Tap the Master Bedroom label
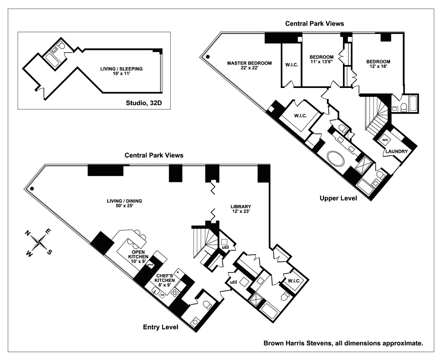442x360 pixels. (250, 65)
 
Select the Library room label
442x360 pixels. (241, 209)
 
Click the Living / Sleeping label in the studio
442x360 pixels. (122, 71)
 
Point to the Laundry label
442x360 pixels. (397, 151)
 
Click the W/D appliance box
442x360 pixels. (385, 140)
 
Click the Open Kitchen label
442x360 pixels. (138, 256)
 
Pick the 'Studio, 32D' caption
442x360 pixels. (144, 103)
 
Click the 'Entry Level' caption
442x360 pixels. (161, 327)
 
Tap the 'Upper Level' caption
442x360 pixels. (338, 198)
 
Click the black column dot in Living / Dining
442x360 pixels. (32, 189)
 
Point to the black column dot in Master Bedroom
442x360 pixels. (208, 57)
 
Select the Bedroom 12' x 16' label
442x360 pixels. (378, 64)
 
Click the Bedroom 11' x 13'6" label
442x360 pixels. (322, 59)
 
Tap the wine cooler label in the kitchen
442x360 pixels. (150, 265)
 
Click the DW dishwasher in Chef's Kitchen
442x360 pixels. (162, 295)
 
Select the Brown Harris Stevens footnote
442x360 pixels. (343, 343)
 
